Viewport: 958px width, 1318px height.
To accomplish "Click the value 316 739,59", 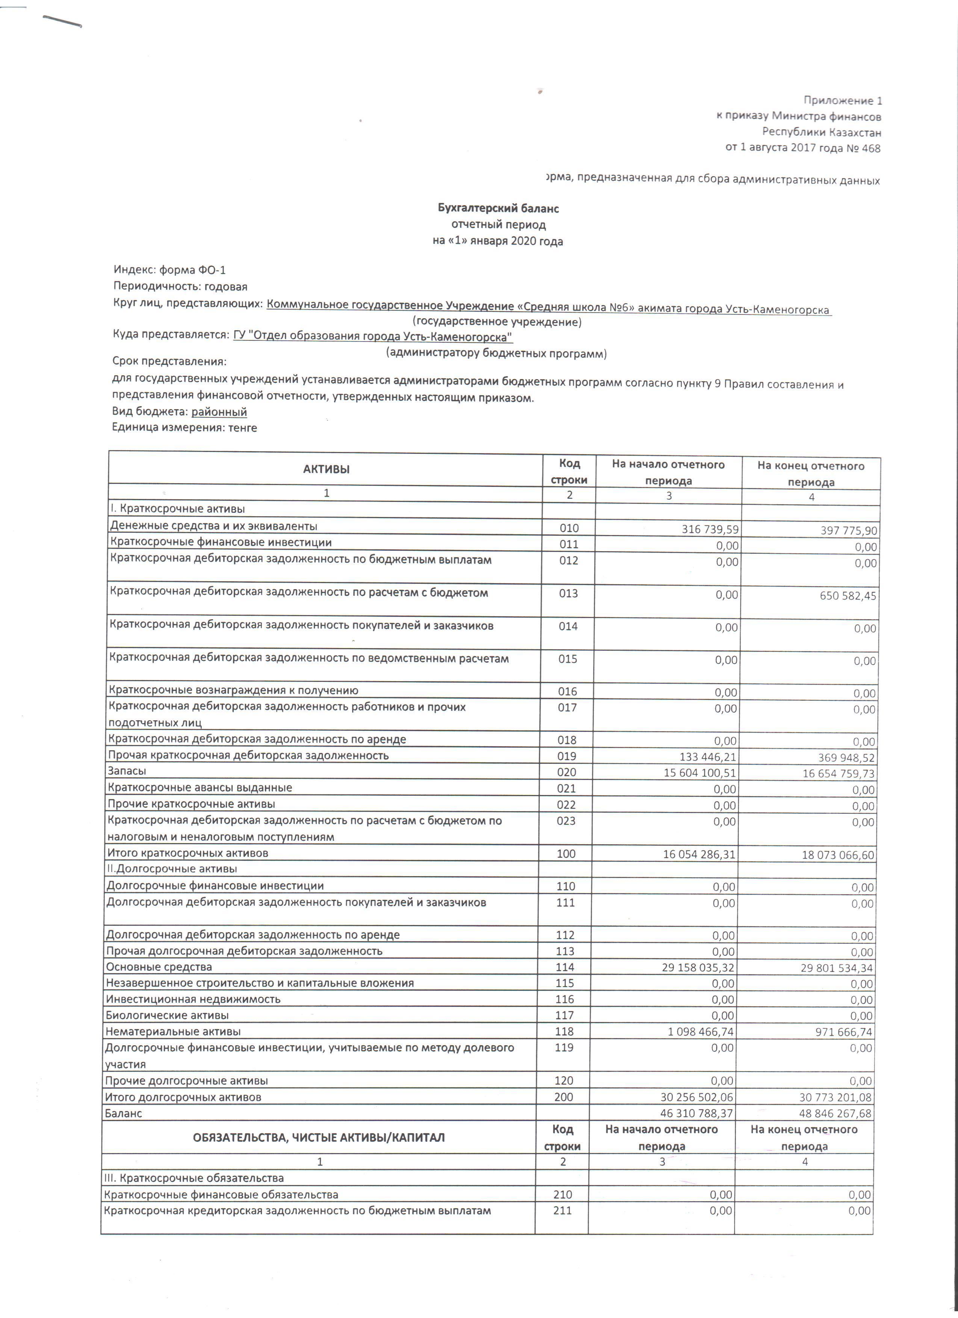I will pos(710,529).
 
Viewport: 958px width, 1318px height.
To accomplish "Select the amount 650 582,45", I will pos(848,596).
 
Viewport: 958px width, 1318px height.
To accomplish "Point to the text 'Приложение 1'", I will pos(842,101).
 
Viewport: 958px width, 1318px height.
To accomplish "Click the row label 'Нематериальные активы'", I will pos(173,1031).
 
